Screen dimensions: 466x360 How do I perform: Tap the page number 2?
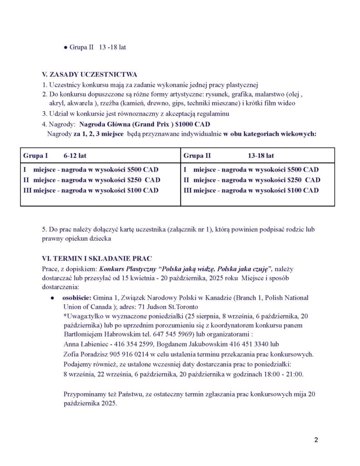pyautogui.click(x=316, y=440)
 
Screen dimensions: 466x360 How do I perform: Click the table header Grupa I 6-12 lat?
pyautogui.click(x=55, y=156)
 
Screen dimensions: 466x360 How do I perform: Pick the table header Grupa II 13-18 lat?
pyautogui.click(x=228, y=156)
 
